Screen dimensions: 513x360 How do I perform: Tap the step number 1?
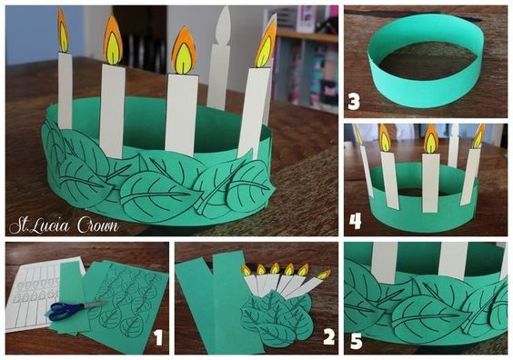[x=158, y=337]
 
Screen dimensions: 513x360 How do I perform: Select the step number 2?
[x=328, y=336]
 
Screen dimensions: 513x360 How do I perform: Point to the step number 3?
[x=354, y=102]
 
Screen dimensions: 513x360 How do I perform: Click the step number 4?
[x=355, y=221]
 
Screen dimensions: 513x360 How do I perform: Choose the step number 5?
[x=357, y=341]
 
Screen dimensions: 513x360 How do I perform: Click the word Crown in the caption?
[x=98, y=225]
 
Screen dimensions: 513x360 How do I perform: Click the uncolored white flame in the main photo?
[x=224, y=25]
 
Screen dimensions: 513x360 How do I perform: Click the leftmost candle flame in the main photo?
[x=63, y=31]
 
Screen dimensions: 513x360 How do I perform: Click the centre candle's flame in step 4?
[x=431, y=139]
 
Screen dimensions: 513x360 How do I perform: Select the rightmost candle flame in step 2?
[x=323, y=275]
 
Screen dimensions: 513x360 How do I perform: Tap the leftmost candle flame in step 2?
[x=246, y=270]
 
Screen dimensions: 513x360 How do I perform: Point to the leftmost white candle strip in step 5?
[x=385, y=263]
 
